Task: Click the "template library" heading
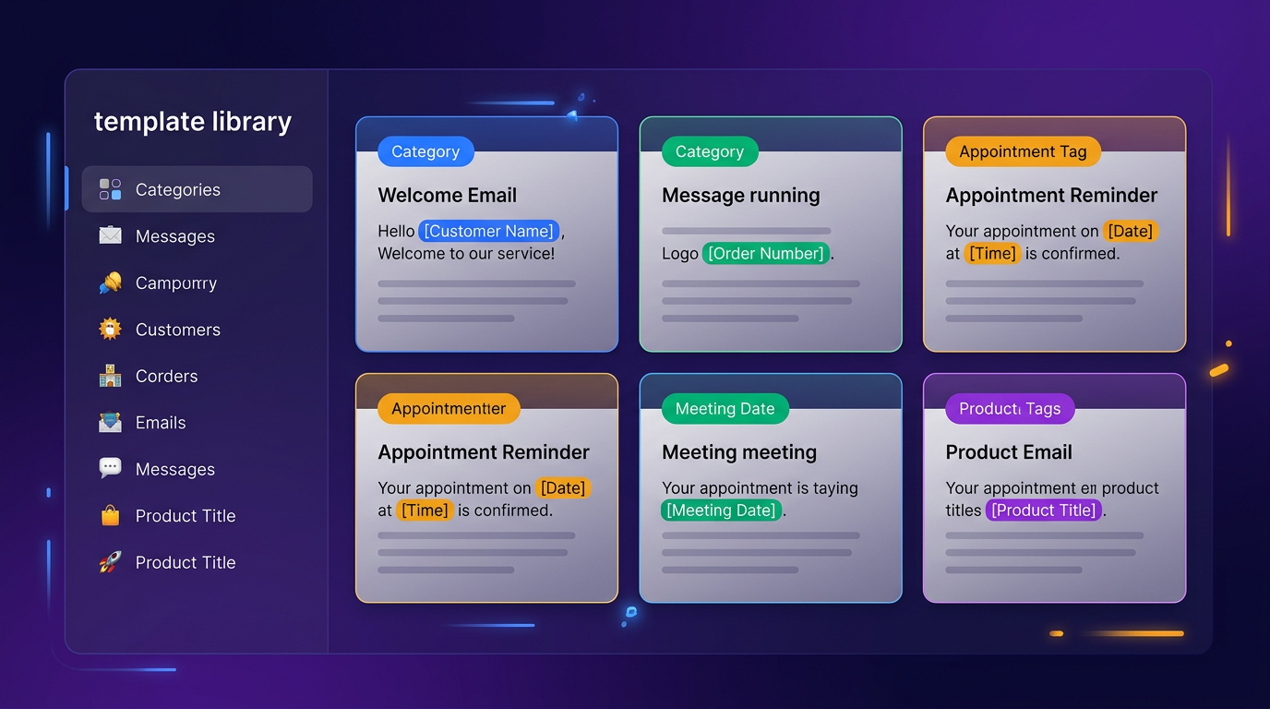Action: tap(192, 122)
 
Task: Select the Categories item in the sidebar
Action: tap(177, 190)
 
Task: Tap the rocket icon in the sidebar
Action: tap(110, 562)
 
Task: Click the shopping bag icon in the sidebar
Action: tap(110, 516)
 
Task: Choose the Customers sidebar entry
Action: tap(177, 330)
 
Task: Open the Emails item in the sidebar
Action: tap(161, 423)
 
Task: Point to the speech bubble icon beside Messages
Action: tap(110, 468)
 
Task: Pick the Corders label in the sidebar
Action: tap(166, 376)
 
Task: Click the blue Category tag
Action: tap(425, 151)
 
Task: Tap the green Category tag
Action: tap(709, 151)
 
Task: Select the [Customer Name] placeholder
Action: tap(488, 231)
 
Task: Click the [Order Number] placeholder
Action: tap(765, 253)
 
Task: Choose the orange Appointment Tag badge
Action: tap(1023, 151)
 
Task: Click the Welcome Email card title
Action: tap(447, 196)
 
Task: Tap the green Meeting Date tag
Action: tap(725, 409)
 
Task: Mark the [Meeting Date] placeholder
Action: tap(721, 510)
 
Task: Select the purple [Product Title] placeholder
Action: tap(1043, 510)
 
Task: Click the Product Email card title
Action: tap(1009, 452)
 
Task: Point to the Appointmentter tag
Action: tap(449, 409)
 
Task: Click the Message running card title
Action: tap(740, 196)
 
